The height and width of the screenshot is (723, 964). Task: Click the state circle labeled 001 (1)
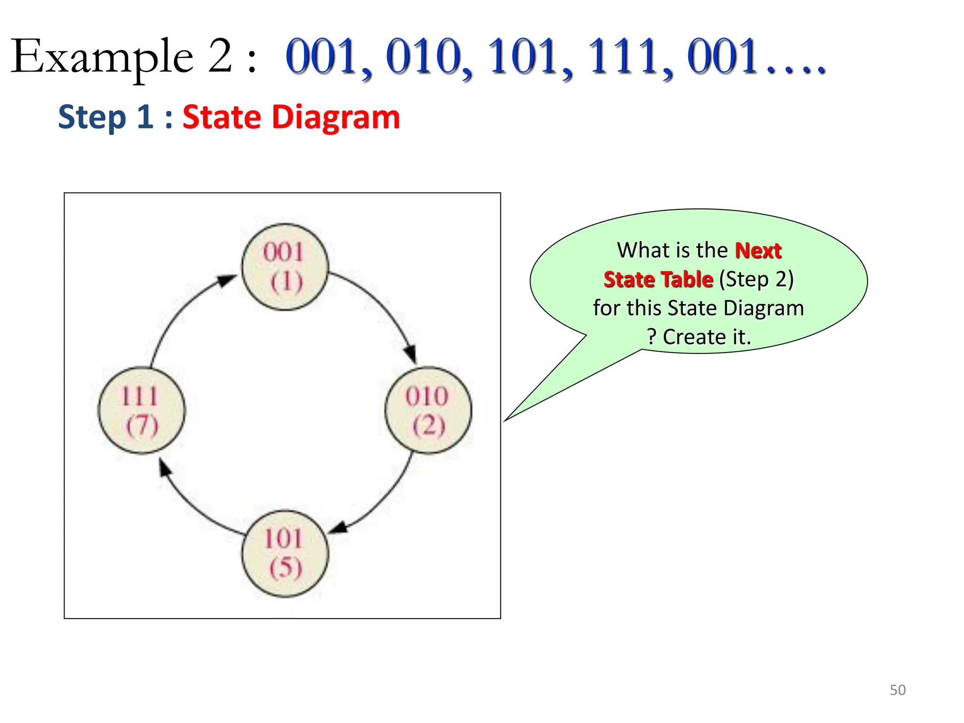[x=285, y=267]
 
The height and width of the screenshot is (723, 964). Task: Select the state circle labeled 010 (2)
[x=428, y=410]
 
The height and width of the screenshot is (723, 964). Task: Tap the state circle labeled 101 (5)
[x=285, y=554]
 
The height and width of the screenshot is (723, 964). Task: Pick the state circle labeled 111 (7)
[x=141, y=410]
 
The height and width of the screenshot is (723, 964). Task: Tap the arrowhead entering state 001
[x=227, y=281]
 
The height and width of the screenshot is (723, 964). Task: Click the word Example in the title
[x=102, y=57]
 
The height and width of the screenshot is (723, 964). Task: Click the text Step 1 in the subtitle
[x=105, y=117]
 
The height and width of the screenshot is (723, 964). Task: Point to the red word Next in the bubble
[x=758, y=250]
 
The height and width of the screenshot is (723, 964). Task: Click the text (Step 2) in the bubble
[x=756, y=280]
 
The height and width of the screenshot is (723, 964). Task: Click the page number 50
[x=897, y=690]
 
